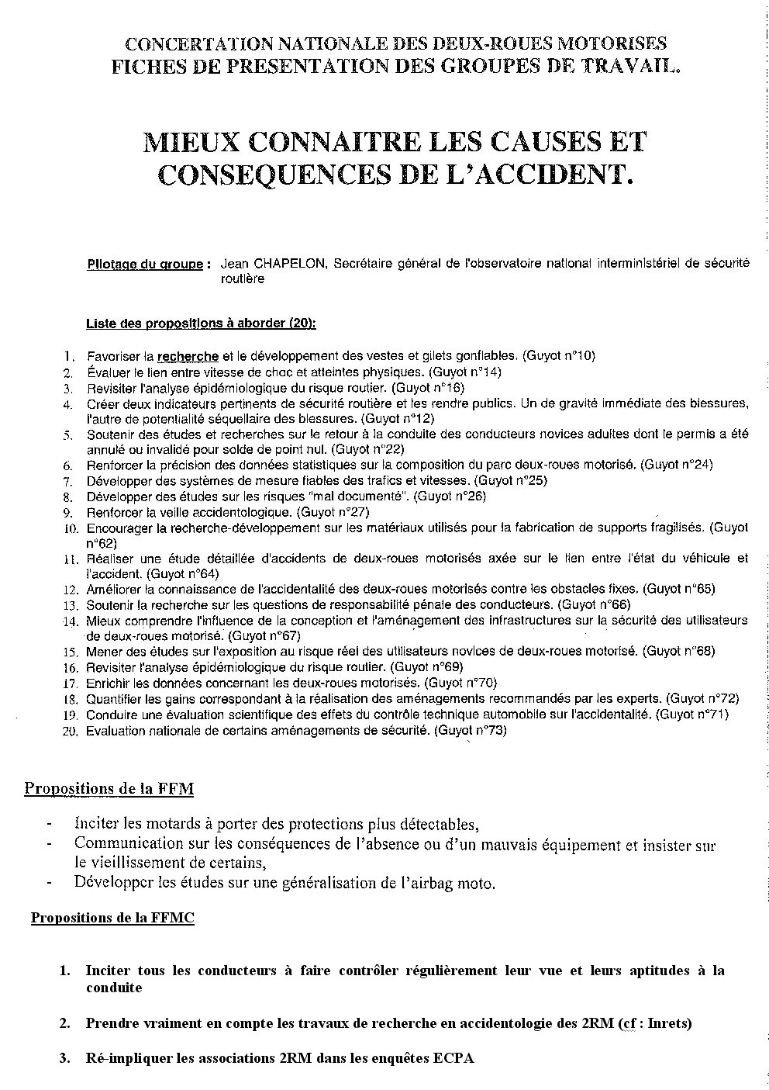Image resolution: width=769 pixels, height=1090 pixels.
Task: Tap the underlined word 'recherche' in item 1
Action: coord(188,357)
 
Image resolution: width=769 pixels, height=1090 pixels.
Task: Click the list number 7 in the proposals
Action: coord(68,482)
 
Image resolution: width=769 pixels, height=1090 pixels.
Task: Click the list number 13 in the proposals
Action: coord(70,605)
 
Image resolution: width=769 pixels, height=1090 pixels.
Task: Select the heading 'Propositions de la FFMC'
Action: coord(112,919)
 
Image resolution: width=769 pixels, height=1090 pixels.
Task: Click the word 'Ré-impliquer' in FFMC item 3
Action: coord(126,1059)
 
